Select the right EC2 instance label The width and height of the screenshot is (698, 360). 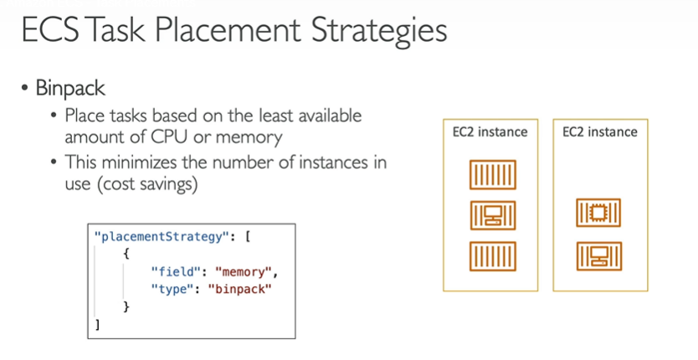click(x=599, y=131)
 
